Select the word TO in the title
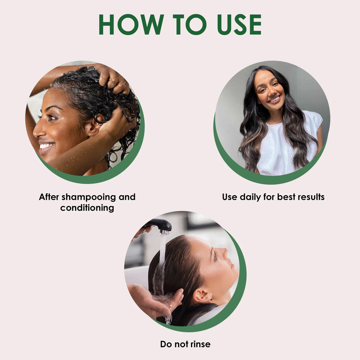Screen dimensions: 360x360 pos(189,24)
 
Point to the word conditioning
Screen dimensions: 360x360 pos(87,208)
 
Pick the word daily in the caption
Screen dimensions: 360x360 pos(250,197)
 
